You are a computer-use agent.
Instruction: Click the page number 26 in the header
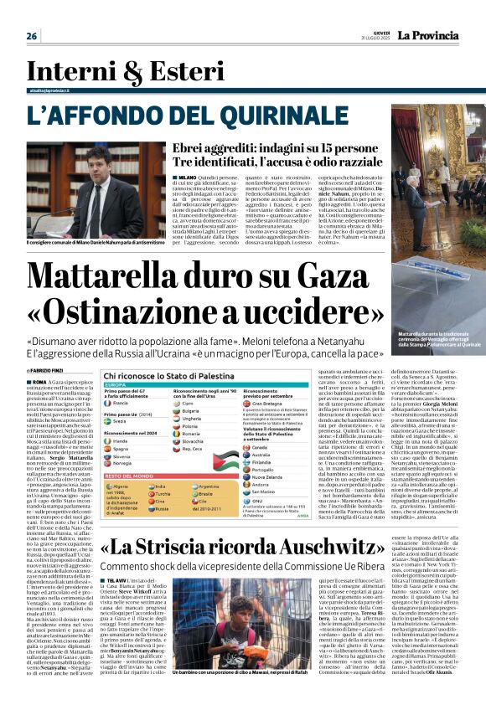pos(31,36)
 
